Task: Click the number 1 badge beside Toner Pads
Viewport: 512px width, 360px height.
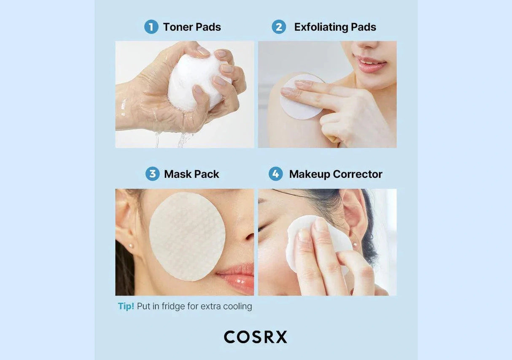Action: click(x=151, y=27)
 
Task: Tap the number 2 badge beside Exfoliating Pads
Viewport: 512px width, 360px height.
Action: click(x=278, y=27)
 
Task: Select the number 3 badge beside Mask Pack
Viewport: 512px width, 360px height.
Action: click(x=152, y=174)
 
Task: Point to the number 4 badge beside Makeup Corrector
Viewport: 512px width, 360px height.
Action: click(x=275, y=174)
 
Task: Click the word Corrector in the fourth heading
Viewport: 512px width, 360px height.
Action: click(x=357, y=174)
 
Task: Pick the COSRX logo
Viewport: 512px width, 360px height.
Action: click(x=256, y=337)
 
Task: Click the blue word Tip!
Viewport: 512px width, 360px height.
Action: click(x=126, y=306)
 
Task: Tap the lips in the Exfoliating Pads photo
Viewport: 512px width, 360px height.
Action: click(x=370, y=65)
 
